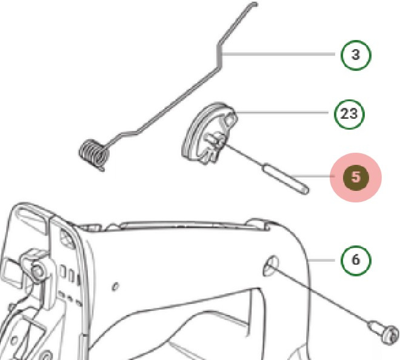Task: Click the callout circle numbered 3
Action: (x=356, y=55)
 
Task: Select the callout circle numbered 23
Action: (x=348, y=113)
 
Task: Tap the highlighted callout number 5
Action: (x=356, y=178)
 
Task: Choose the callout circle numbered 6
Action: (x=356, y=259)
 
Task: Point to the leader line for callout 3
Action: (x=279, y=55)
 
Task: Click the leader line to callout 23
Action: (x=285, y=113)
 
